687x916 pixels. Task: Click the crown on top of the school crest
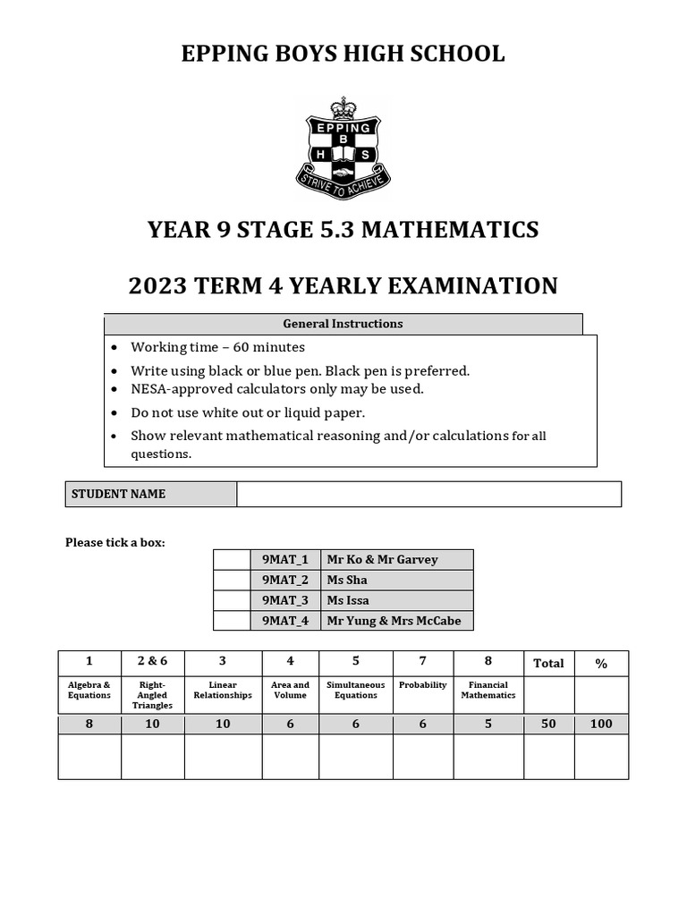pyautogui.click(x=343, y=108)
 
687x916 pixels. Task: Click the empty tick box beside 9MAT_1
pyautogui.click(x=231, y=560)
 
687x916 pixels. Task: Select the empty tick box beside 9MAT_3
pyautogui.click(x=231, y=600)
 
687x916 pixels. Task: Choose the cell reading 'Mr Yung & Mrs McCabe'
pyautogui.click(x=394, y=621)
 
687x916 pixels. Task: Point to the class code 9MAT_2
pyautogui.click(x=285, y=580)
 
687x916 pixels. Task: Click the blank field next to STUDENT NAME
pyautogui.click(x=428, y=494)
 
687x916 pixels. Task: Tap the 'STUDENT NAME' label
pyautogui.click(x=118, y=494)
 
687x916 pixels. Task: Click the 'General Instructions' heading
pyautogui.click(x=343, y=324)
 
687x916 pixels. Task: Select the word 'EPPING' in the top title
pyautogui.click(x=219, y=54)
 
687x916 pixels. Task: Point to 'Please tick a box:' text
pyautogui.click(x=115, y=542)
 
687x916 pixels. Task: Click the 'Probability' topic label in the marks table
pyautogui.click(x=423, y=685)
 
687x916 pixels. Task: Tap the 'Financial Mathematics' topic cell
pyautogui.click(x=488, y=690)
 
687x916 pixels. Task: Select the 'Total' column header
pyautogui.click(x=548, y=663)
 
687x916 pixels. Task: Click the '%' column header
pyautogui.click(x=601, y=663)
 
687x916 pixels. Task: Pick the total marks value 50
pyautogui.click(x=548, y=724)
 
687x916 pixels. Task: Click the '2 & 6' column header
pyautogui.click(x=152, y=661)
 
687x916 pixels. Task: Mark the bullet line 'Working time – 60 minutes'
pyautogui.click(x=217, y=347)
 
